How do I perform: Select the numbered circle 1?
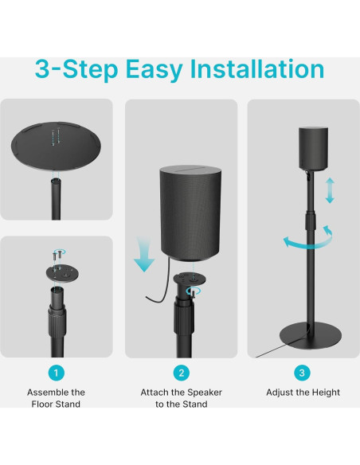click(56, 373)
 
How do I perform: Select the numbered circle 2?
click(181, 373)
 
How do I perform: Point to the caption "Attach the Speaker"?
click(181, 393)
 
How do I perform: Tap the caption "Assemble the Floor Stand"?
click(56, 398)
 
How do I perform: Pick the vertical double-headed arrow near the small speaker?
click(330, 191)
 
